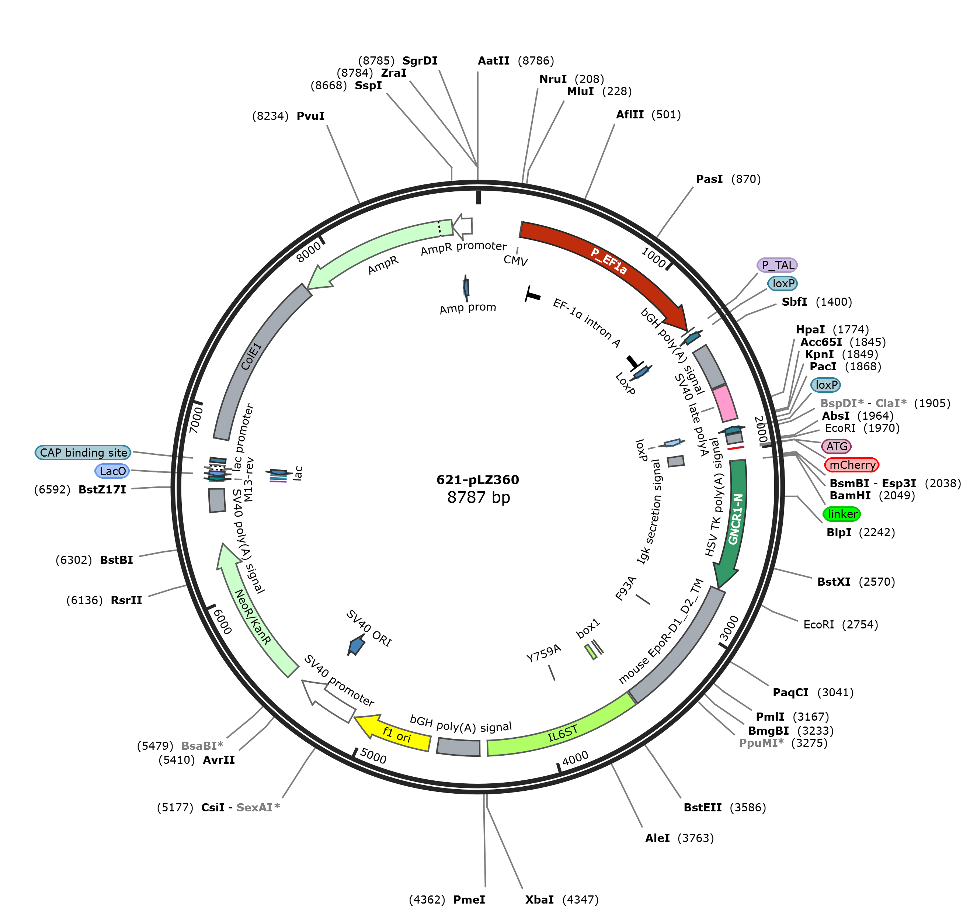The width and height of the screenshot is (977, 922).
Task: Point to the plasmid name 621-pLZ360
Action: tap(478, 479)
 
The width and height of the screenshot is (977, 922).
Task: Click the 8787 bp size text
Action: tap(478, 497)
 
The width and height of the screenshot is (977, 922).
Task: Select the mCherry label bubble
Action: tap(852, 465)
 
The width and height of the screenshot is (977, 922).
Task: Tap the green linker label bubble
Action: tap(842, 514)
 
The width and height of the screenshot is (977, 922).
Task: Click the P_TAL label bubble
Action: tap(777, 265)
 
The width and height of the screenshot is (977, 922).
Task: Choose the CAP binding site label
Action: tap(83, 453)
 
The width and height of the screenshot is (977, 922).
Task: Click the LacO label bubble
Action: tap(112, 471)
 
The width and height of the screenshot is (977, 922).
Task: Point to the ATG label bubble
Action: tap(837, 447)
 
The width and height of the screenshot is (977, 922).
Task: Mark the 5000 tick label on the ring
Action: tap(373, 756)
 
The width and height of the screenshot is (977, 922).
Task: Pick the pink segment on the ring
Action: tap(725, 403)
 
